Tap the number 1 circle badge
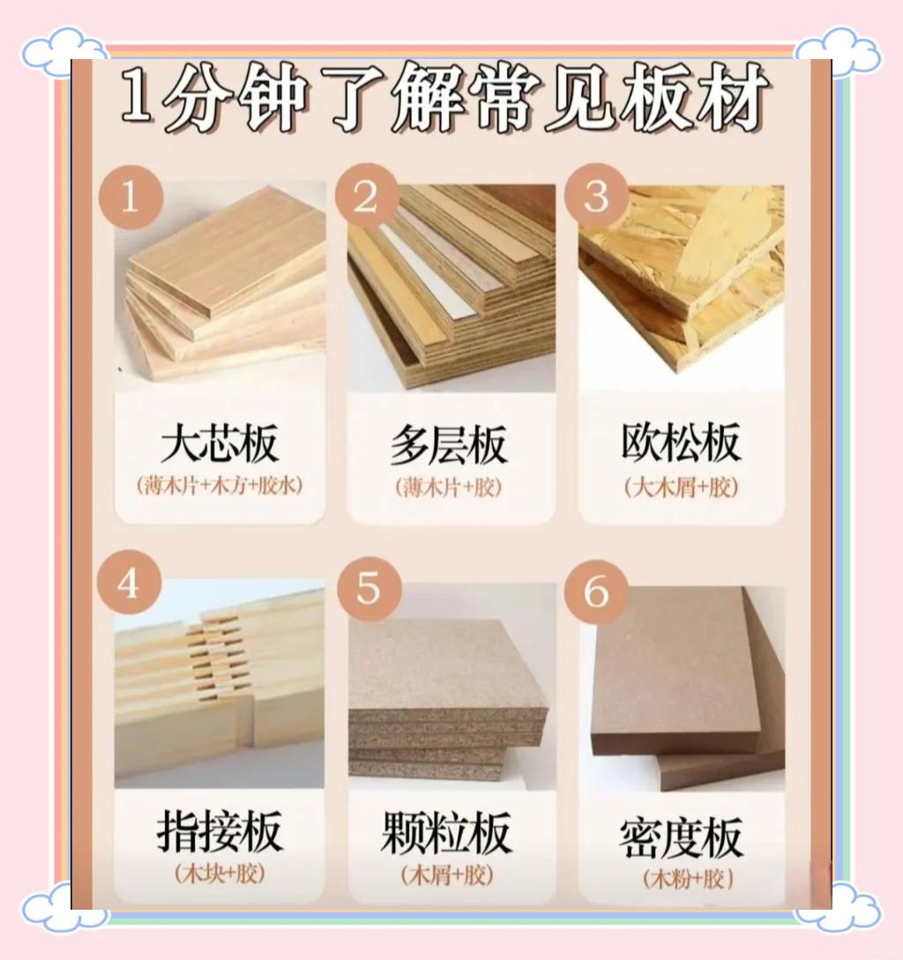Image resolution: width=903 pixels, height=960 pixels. (131, 197)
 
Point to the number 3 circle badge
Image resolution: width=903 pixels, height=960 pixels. (597, 197)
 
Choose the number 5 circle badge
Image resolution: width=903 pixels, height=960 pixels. (369, 589)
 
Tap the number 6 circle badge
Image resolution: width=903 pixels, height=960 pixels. (597, 591)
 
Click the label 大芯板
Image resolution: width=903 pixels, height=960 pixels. (220, 443)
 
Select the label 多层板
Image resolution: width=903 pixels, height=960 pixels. (450, 444)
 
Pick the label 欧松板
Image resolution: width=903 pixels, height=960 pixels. (681, 442)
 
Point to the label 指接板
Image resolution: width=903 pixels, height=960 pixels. (220, 830)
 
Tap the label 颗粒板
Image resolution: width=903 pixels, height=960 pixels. (446, 832)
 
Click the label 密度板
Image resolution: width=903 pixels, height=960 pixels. (682, 837)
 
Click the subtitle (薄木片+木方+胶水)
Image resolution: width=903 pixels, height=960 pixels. (220, 486)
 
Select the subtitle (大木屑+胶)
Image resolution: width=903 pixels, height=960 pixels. (682, 488)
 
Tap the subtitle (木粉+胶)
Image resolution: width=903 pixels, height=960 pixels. (688, 879)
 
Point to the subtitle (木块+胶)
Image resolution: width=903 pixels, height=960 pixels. (220, 873)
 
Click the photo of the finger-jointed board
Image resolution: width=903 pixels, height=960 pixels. (220, 683)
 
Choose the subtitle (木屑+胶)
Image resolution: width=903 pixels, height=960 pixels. (447, 874)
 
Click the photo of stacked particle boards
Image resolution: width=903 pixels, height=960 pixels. (452, 687)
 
